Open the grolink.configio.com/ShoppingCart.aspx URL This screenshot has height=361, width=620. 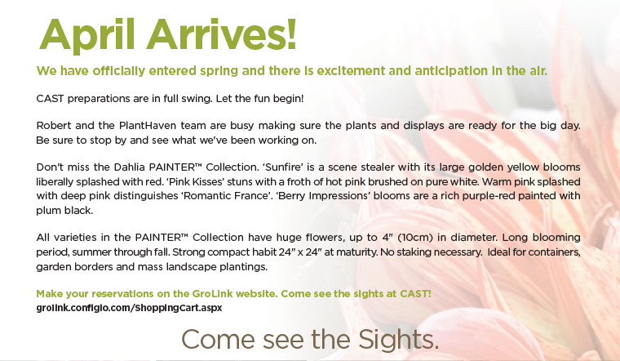point(129,307)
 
